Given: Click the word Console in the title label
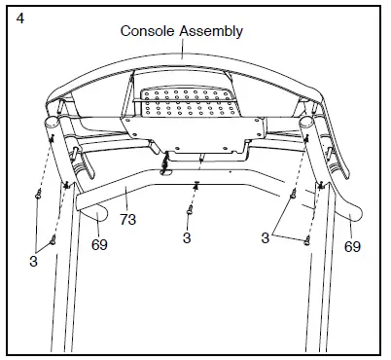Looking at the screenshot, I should (147, 30).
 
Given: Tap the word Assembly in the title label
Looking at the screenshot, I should (209, 30).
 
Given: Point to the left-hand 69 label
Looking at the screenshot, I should (99, 245).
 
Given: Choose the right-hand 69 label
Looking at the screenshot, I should (352, 247).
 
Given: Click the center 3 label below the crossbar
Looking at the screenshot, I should (186, 236).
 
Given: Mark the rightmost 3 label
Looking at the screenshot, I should (265, 236).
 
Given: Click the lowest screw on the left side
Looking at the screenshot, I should (54, 237).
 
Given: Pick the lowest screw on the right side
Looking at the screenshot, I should (308, 240).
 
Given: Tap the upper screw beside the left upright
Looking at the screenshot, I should (37, 193).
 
